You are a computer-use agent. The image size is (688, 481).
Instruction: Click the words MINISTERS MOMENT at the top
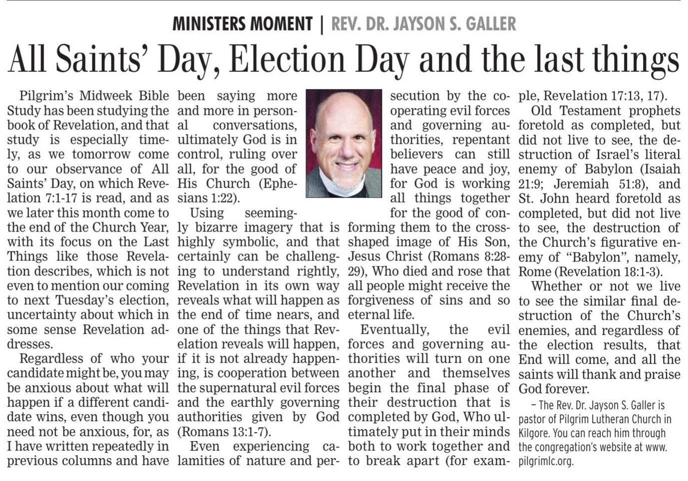point(242,23)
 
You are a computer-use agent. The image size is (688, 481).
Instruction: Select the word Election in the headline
point(287,58)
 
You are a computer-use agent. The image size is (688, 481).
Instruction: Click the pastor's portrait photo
point(344,143)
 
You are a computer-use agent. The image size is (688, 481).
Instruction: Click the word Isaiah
point(662,169)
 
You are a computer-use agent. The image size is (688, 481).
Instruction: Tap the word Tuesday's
point(88,300)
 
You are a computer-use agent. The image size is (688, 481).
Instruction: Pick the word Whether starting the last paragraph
point(557,286)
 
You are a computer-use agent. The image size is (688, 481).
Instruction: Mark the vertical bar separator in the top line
point(322,23)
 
